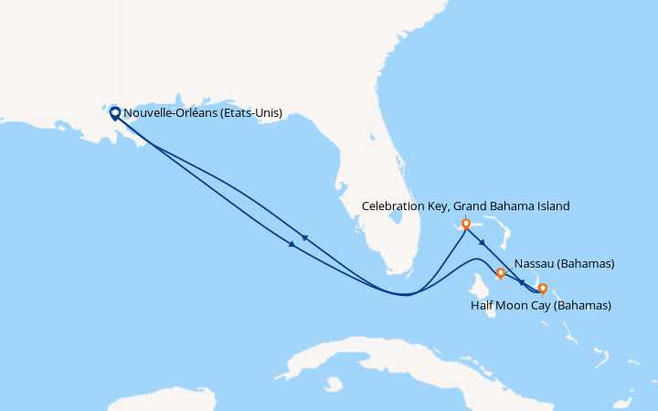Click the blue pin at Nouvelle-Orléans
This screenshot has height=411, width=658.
coord(114,113)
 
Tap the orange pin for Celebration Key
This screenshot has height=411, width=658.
coord(466,223)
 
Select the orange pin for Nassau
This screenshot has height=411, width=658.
coord(500,272)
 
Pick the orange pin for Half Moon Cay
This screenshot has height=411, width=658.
coord(543,289)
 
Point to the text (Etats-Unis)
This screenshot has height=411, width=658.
coord(249,113)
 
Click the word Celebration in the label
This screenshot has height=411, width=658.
coord(394,206)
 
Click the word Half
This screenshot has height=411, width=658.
coord(483,305)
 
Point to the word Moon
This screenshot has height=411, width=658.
coord(514,305)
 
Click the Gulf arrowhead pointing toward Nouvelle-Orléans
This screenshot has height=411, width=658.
coord(304,237)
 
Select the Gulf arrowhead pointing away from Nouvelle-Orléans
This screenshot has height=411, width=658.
coord(292,244)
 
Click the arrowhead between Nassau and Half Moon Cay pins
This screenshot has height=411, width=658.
coord(522,281)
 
